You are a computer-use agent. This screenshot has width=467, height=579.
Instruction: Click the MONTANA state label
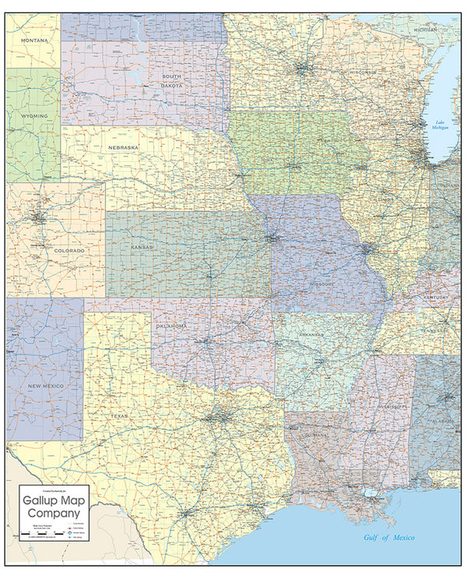(x=34, y=40)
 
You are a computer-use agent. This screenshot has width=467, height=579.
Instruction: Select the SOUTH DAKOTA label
(x=172, y=81)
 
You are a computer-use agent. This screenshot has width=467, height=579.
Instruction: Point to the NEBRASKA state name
(x=124, y=147)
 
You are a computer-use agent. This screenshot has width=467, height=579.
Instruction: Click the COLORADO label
(x=49, y=250)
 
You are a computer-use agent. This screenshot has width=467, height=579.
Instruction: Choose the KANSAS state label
(x=142, y=247)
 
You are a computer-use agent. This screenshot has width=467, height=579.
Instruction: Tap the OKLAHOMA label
(x=172, y=326)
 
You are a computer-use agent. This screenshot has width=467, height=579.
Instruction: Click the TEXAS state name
(x=119, y=416)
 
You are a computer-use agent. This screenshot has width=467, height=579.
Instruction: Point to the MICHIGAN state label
(x=426, y=30)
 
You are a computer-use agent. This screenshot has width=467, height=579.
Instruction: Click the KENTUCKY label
(x=437, y=298)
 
